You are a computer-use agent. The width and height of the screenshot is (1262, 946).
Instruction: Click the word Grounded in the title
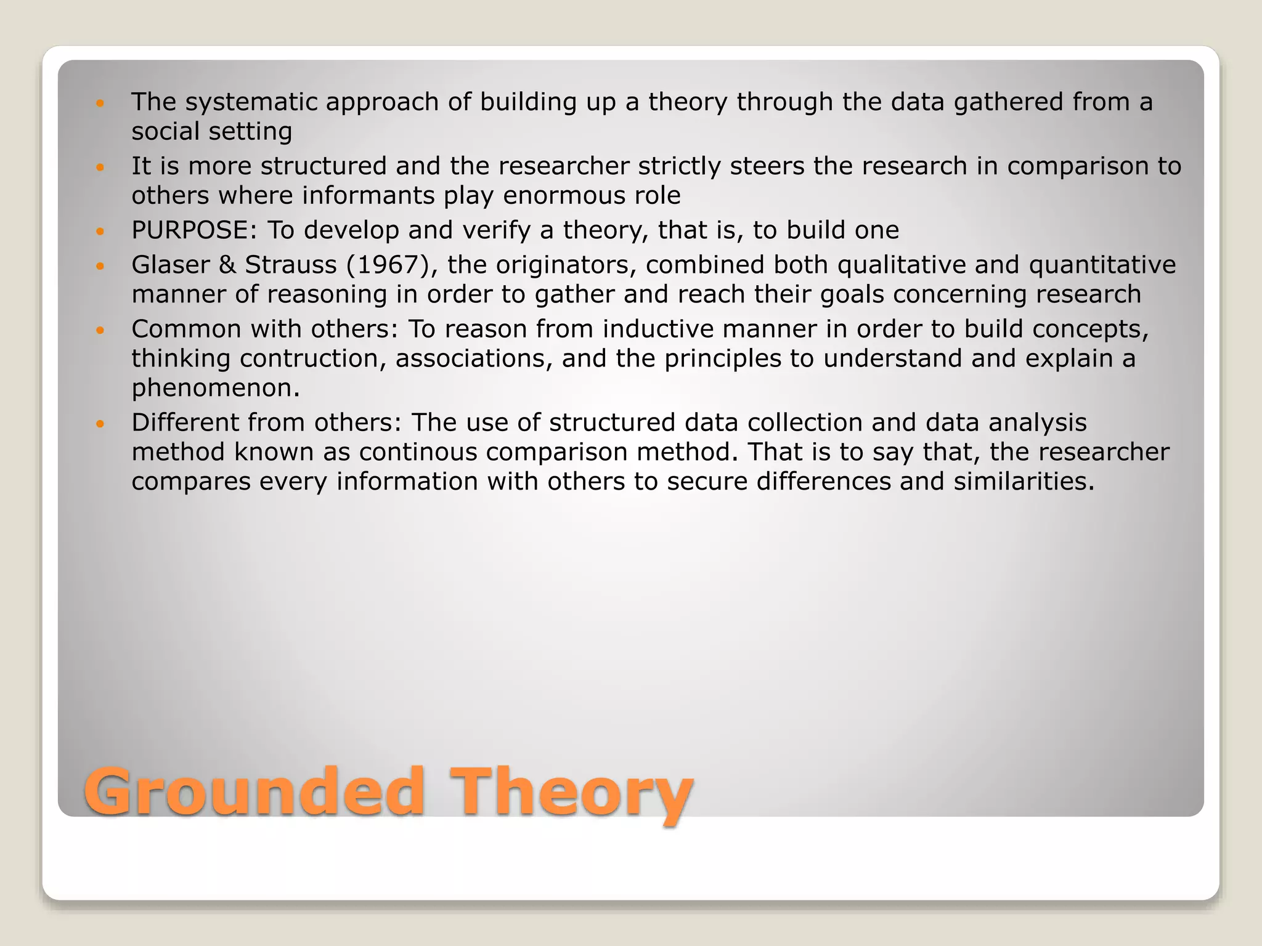[x=253, y=792]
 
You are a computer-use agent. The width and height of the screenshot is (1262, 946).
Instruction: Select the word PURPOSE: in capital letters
[x=194, y=230]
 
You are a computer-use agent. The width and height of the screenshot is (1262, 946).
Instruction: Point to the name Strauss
[x=291, y=265]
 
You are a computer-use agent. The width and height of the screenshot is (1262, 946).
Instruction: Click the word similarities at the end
[x=1024, y=482]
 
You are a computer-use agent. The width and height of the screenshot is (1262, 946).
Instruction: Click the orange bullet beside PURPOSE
[x=101, y=232]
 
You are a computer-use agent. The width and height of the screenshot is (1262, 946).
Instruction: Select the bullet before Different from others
[x=101, y=424]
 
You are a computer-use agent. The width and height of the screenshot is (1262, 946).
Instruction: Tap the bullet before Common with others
[x=101, y=330]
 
